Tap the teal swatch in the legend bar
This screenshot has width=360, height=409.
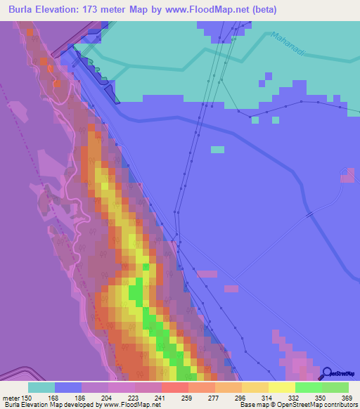click(x=41, y=387)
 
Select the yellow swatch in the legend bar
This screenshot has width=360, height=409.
click(x=281, y=387)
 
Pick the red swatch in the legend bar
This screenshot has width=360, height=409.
click(x=174, y=387)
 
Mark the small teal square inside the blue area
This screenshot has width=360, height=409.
click(x=217, y=149)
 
